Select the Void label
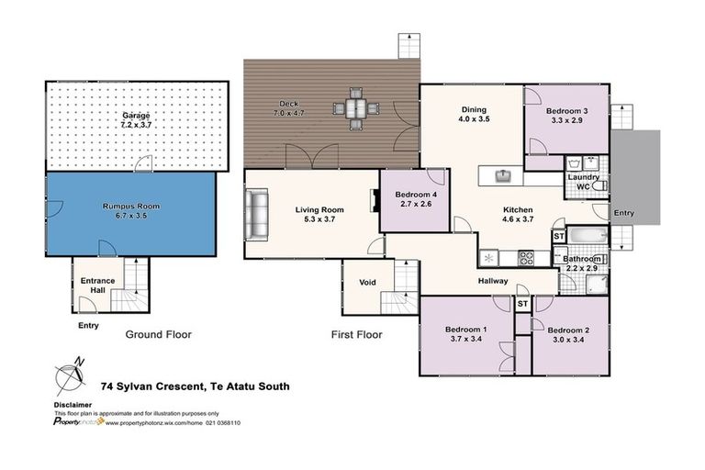pos(368,282)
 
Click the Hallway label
pos(493,281)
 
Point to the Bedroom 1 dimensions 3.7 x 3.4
pos(465,339)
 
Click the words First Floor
pos(355,335)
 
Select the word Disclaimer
pos(73,404)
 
